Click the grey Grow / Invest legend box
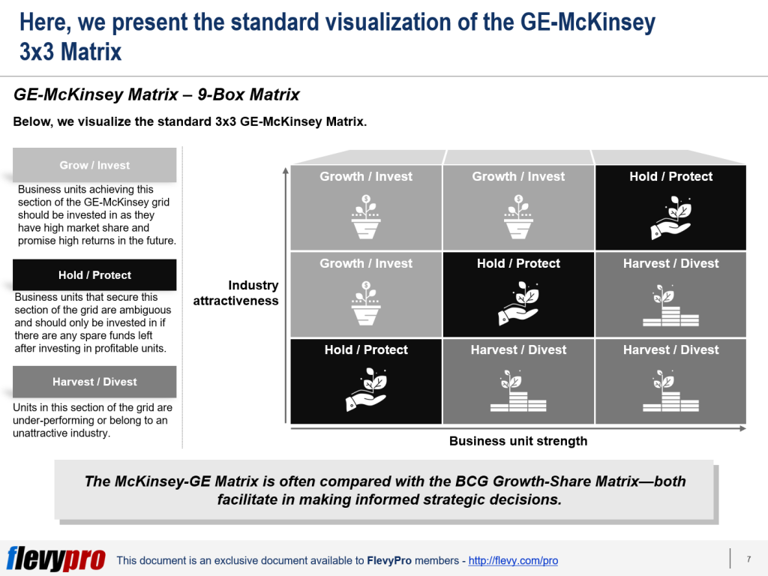pos(94,165)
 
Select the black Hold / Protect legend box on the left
pos(94,275)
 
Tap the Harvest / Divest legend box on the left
pos(94,382)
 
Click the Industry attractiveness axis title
pos(235,293)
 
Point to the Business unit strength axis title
pos(518,441)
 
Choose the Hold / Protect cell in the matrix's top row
pos(670,208)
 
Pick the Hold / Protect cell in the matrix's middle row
pos(518,295)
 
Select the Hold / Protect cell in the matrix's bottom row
pos(366,382)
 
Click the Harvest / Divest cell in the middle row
pos(670,295)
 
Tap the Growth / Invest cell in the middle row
pos(366,295)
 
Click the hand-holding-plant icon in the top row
pos(671,218)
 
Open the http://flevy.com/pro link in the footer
pos(513,560)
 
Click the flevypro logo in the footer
pos(56,559)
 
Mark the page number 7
pos(748,559)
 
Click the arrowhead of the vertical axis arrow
pos(285,171)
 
